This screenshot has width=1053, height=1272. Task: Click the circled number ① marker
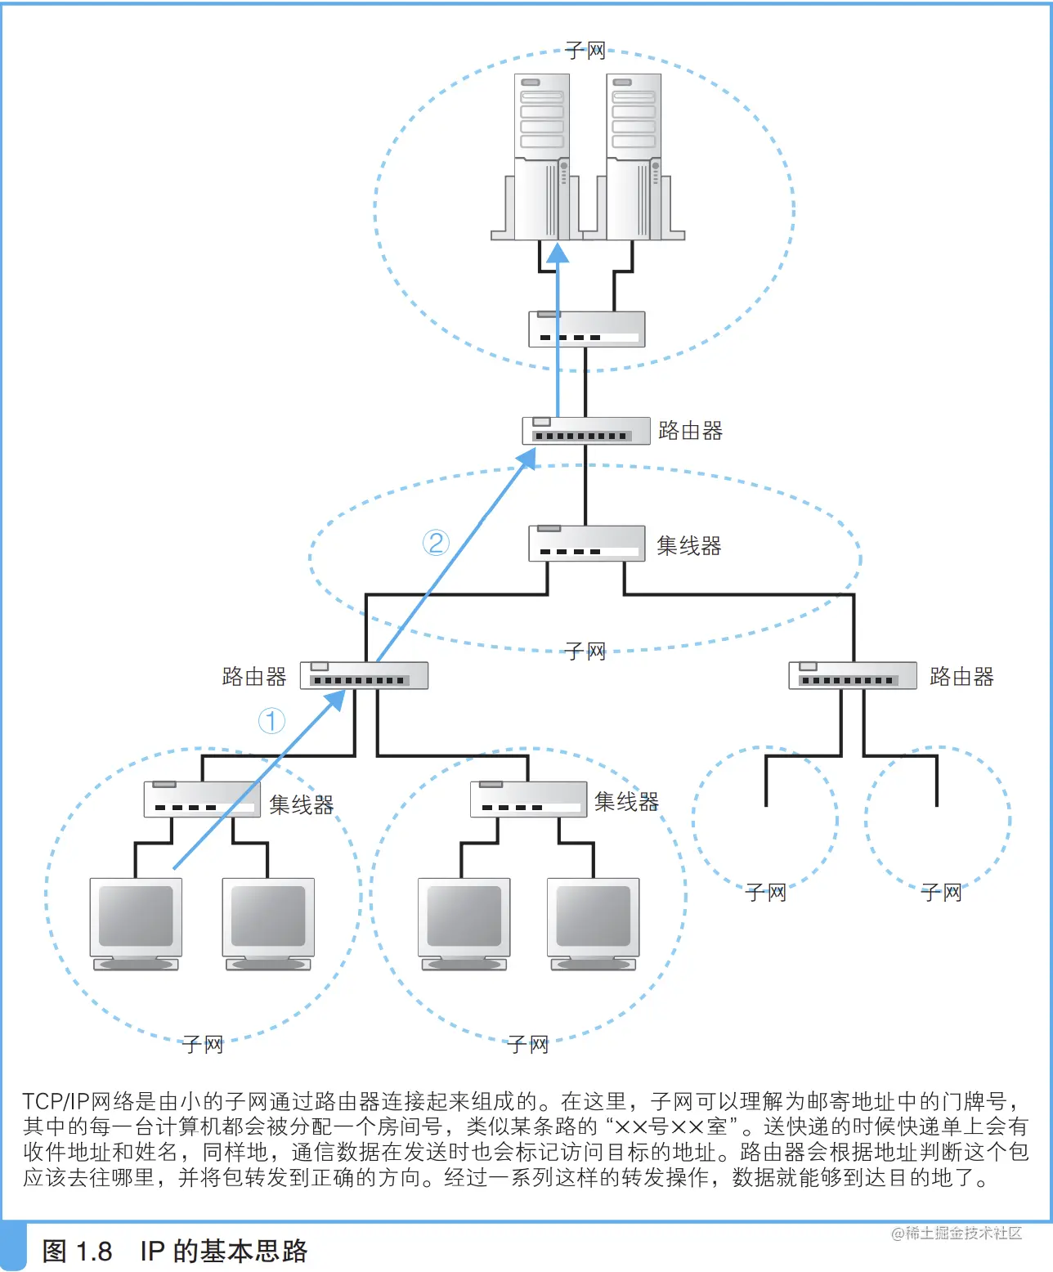(x=271, y=720)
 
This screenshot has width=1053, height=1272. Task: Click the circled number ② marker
(x=436, y=543)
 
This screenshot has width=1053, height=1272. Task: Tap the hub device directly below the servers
(x=586, y=329)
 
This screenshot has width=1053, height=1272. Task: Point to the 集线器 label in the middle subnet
(x=688, y=546)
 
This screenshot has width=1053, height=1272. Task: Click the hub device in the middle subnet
(x=586, y=544)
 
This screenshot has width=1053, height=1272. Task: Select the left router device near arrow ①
(x=364, y=676)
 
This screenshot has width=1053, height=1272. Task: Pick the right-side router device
(x=852, y=676)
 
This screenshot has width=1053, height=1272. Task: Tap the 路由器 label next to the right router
(x=961, y=677)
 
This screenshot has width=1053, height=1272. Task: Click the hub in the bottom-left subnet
(x=202, y=799)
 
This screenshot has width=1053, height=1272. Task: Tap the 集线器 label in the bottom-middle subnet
(x=626, y=802)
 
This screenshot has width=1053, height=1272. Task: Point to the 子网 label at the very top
(x=585, y=51)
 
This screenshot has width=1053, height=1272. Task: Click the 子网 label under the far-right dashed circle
(x=941, y=893)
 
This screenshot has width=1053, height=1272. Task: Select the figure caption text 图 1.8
(x=77, y=1251)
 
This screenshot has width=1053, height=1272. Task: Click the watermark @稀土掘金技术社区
(x=956, y=1233)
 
